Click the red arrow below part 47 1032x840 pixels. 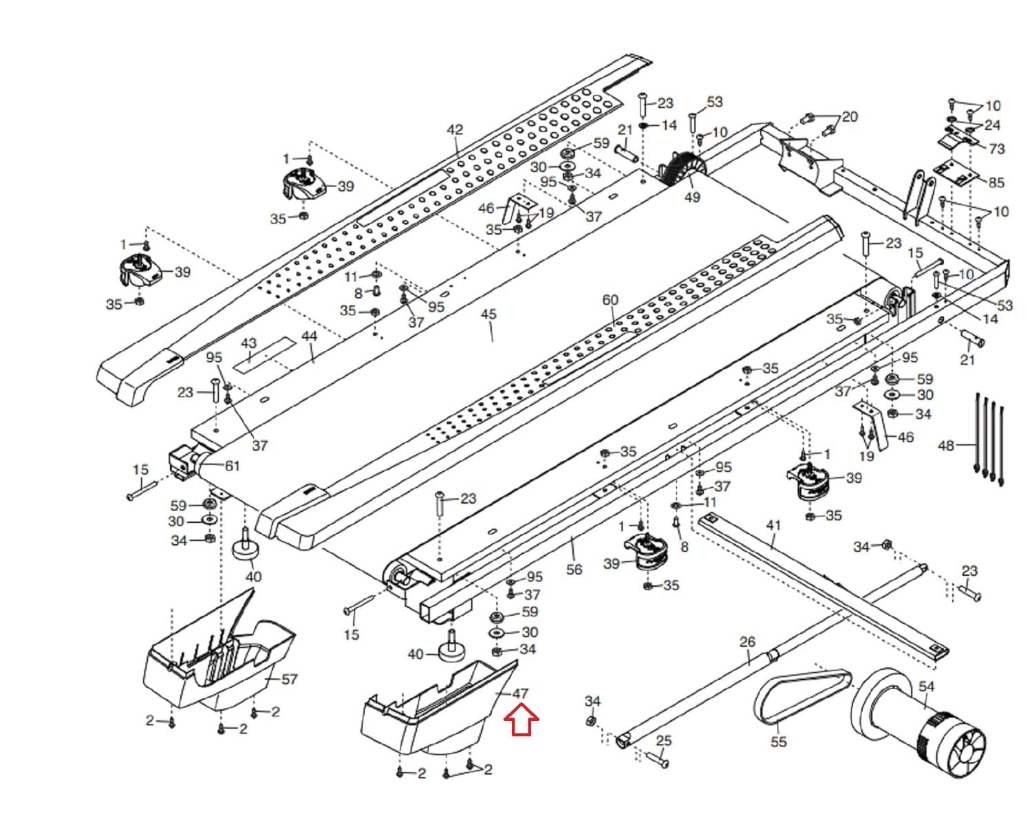click(522, 720)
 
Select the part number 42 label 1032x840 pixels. click(455, 129)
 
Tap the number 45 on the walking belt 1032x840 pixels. click(488, 314)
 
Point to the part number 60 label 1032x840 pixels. click(610, 300)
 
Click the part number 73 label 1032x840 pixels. click(996, 148)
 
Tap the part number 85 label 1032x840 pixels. click(996, 182)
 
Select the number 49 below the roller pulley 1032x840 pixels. click(692, 197)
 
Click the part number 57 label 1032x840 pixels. click(289, 679)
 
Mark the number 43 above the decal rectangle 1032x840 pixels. click(248, 343)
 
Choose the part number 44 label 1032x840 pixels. click(309, 336)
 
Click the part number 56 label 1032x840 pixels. click(574, 569)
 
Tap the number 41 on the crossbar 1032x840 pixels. click(773, 525)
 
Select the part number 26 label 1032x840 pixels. click(747, 642)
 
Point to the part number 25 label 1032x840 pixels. click(663, 740)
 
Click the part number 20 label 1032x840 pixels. click(850, 116)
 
